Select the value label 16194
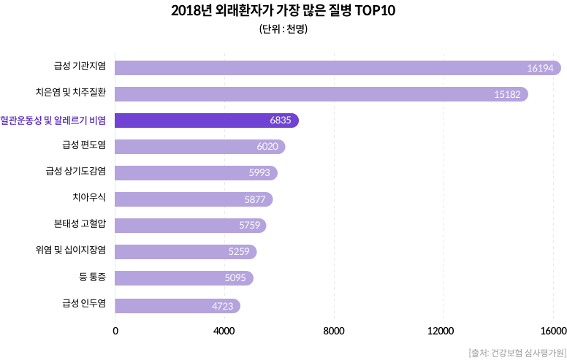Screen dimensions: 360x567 point(541,68)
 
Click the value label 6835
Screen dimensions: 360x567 point(281,120)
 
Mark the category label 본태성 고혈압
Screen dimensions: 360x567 point(80,225)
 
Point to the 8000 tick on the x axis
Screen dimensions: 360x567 point(334,331)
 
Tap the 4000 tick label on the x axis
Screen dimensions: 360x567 point(224,331)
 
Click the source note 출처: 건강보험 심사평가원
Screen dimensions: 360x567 point(516,352)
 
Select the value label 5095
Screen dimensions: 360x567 point(235,278)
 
